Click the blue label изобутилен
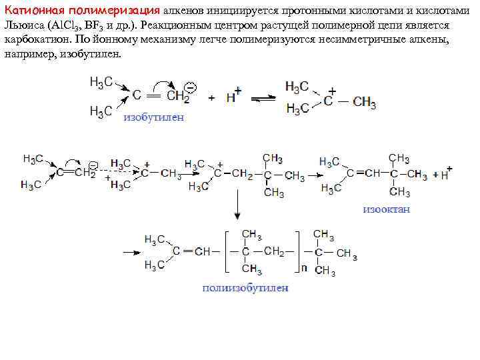coord(153,117)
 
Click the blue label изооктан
coord(387,209)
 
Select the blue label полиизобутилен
coord(245,288)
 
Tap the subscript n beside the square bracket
coord(305,267)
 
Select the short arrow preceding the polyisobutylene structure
coord(131,252)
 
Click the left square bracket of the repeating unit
coord(226,252)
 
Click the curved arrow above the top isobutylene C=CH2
coord(162,83)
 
